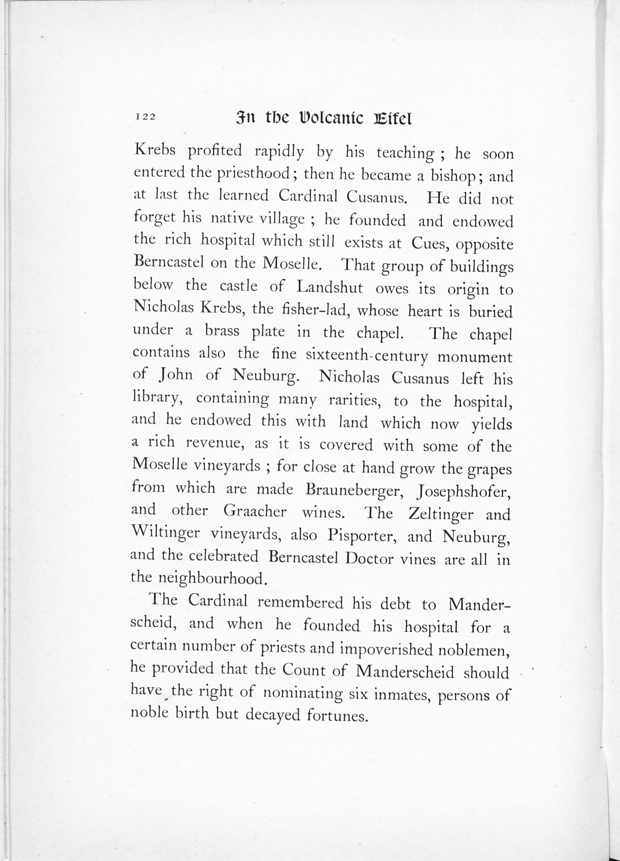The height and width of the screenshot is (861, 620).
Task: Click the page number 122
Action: pos(145,117)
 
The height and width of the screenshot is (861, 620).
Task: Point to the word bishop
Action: pos(453,176)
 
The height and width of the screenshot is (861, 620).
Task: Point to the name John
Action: pos(176,375)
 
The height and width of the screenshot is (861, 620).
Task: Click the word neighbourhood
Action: pos(210,578)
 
